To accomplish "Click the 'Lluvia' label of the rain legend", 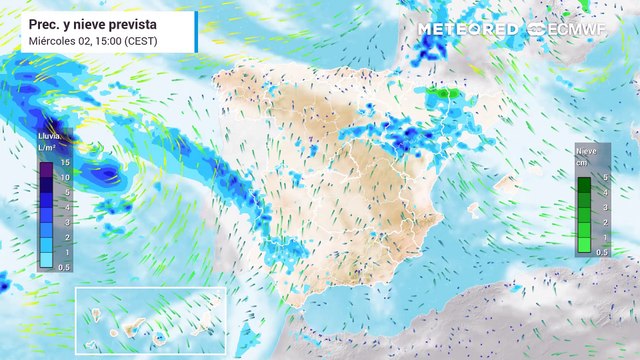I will point(48,134).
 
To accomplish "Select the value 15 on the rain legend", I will point(63,162).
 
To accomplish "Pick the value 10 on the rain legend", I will point(63,176).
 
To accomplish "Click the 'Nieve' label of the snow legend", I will point(587,151).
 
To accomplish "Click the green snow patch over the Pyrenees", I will point(441,94).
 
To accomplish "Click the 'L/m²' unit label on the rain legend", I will point(46,147).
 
